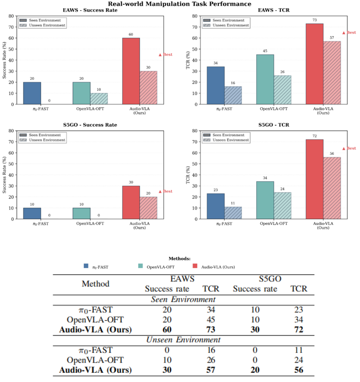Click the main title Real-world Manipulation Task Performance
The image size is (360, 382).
coord(179,4)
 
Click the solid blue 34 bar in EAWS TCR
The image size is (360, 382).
coord(215,85)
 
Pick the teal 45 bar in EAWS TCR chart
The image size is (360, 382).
coord(265,79)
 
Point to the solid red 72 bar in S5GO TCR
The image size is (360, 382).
coord(314,179)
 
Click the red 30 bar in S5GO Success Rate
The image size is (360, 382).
coord(131,202)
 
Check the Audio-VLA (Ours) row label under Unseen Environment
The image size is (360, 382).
coord(96,370)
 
